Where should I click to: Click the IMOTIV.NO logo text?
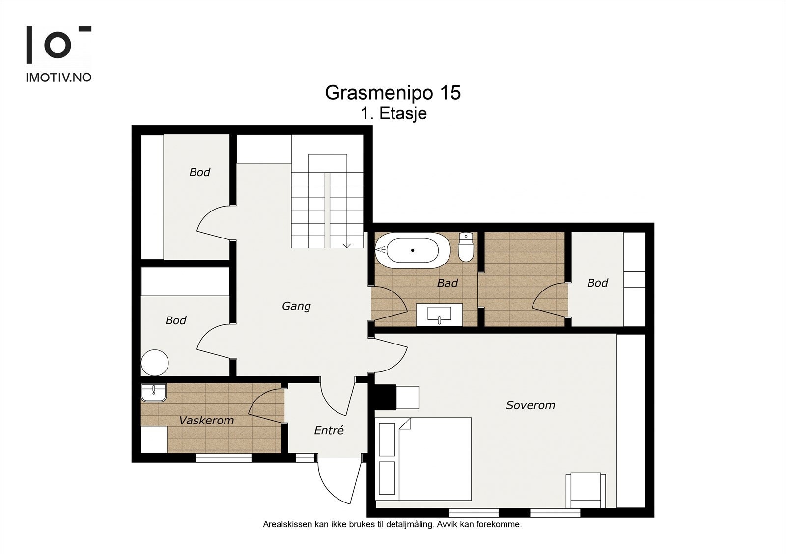click(x=58, y=77)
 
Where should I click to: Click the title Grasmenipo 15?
click(x=393, y=93)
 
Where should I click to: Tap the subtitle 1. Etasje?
click(x=393, y=114)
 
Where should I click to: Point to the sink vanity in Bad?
click(x=439, y=315)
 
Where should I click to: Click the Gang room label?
click(x=296, y=306)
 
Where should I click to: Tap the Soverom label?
click(x=531, y=405)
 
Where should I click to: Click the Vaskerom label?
click(x=206, y=421)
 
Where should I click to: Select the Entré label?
click(x=329, y=431)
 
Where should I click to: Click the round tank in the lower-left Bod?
click(x=155, y=363)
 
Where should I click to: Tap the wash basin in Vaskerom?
click(x=154, y=393)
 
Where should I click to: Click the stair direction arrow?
click(x=347, y=245)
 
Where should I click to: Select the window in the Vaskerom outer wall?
click(x=224, y=458)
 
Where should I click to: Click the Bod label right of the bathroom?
click(x=597, y=283)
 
